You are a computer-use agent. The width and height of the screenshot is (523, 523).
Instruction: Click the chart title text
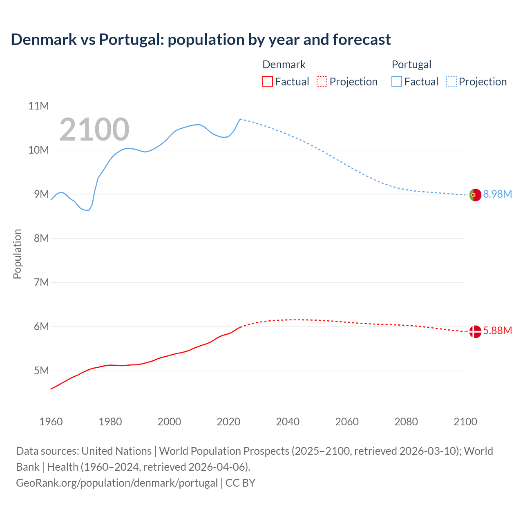pyautogui.click(x=201, y=40)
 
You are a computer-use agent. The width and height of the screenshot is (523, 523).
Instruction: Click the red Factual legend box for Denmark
pyautogui.click(x=267, y=82)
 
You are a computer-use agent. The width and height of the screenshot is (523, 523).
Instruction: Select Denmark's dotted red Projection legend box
pyautogui.click(x=322, y=82)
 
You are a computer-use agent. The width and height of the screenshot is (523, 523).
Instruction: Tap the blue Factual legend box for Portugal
pyautogui.click(x=397, y=82)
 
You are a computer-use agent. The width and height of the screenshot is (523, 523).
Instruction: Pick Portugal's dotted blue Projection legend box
pyautogui.click(x=451, y=82)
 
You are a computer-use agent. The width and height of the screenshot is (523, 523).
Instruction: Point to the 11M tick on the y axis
pyautogui.click(x=38, y=106)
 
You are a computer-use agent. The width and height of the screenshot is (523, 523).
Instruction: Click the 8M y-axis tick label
pyautogui.click(x=41, y=239)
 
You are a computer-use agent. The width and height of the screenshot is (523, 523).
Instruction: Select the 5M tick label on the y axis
pyautogui.click(x=41, y=371)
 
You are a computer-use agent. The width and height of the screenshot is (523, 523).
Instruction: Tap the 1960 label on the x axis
pyautogui.click(x=51, y=422)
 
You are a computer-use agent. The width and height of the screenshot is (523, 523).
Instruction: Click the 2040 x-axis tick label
pyautogui.click(x=288, y=422)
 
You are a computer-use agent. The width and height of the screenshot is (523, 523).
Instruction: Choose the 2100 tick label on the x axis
pyautogui.click(x=465, y=422)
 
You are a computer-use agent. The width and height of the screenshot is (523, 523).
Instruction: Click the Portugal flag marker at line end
pyautogui.click(x=475, y=195)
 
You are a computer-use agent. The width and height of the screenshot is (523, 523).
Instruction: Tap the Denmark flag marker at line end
pyautogui.click(x=475, y=332)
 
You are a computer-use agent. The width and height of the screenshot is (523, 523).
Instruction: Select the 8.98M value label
pyautogui.click(x=497, y=194)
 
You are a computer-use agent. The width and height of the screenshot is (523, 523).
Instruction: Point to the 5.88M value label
pyautogui.click(x=497, y=331)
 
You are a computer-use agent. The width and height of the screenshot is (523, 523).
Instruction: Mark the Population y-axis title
pyautogui.click(x=17, y=254)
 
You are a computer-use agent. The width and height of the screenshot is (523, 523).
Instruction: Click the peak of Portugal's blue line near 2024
pyautogui.click(x=240, y=119)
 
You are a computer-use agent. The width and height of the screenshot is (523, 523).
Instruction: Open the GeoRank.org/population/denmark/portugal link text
pyautogui.click(x=117, y=483)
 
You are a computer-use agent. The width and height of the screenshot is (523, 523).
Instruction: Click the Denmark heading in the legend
pyautogui.click(x=284, y=65)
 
